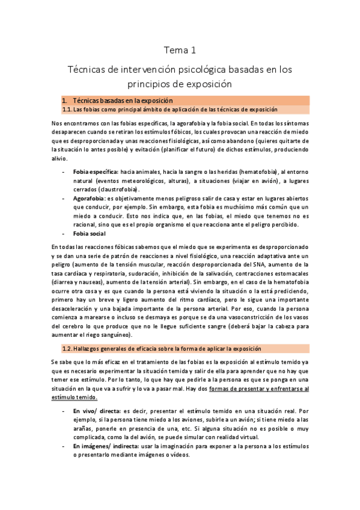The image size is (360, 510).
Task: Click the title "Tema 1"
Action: click(180, 50)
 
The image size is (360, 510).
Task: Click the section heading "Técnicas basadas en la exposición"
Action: click(123, 100)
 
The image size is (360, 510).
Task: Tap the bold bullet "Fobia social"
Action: click(91, 233)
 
